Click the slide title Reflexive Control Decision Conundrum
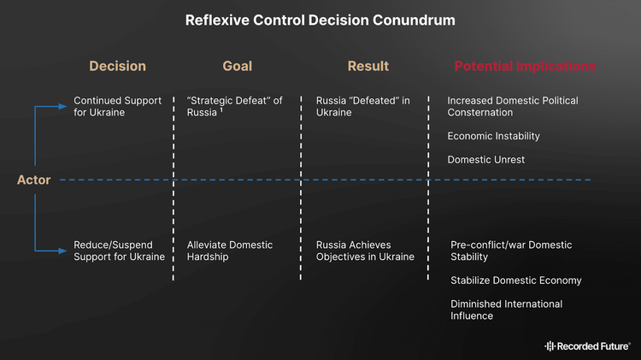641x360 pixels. [320, 19]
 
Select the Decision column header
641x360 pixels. [118, 66]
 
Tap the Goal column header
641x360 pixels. [237, 66]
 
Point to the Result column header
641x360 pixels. [368, 66]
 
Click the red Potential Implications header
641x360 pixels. [525, 66]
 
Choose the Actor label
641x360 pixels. [34, 180]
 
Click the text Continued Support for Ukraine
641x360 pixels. [117, 106]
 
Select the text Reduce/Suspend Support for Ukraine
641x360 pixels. [119, 251]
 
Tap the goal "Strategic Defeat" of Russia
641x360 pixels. [234, 106]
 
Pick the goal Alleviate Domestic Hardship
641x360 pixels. [230, 251]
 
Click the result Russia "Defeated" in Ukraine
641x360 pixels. [362, 106]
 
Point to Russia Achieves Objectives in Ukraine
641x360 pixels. [365, 251]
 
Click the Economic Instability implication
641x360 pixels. [493, 136]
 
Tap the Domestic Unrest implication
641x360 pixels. [485, 160]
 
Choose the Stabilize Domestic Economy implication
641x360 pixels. [516, 280]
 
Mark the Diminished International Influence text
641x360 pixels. [506, 310]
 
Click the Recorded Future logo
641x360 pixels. [587, 345]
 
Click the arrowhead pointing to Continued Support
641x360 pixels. [62, 106]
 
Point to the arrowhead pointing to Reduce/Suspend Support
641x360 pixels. [62, 251]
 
